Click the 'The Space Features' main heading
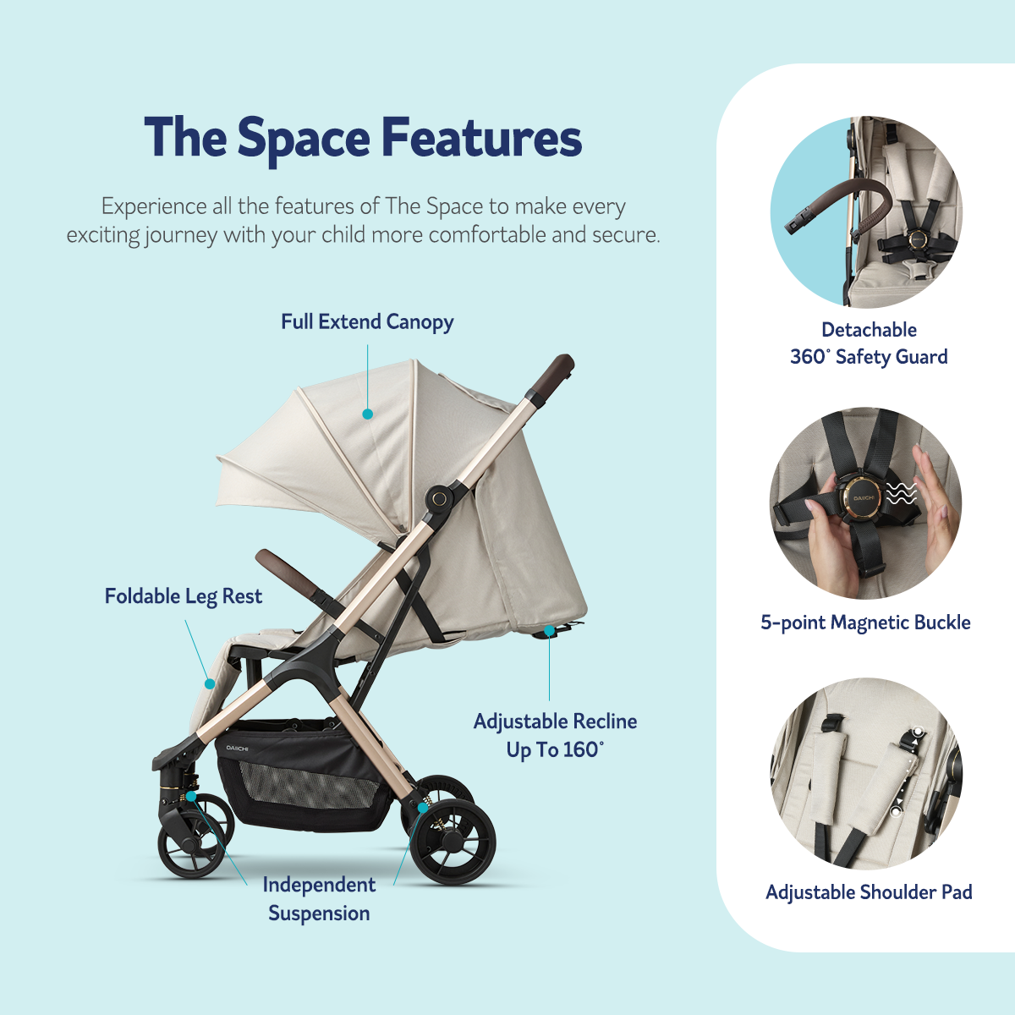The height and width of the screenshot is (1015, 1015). pos(363,138)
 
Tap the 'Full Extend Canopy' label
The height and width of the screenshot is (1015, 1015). pos(367,321)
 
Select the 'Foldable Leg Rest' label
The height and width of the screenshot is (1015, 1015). pos(184,597)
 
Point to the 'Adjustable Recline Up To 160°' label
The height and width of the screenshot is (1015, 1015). pos(555,735)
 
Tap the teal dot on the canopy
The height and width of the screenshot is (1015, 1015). pos(368,414)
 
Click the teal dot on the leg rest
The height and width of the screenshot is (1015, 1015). pos(210,683)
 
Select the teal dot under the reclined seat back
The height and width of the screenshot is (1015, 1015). pos(549,630)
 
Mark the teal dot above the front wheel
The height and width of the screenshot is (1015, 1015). pos(191,795)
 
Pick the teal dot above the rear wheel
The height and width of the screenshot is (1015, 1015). pos(423,807)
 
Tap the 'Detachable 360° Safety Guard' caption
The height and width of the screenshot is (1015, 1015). pos(869,343)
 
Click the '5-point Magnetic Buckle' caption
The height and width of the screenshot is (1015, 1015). pos(865,623)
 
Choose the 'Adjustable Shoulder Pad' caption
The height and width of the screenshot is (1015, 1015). pos(869,892)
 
